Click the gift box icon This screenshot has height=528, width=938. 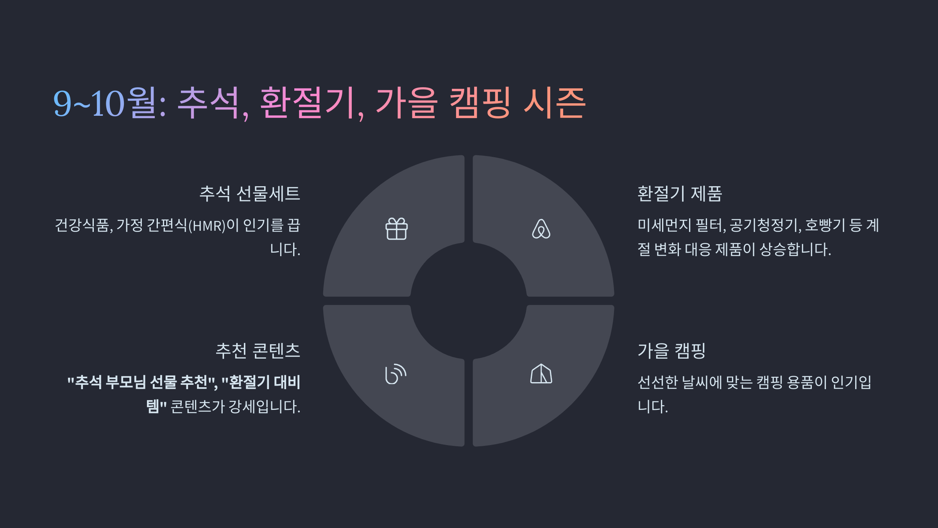click(x=396, y=229)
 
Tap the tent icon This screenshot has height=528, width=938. click(x=541, y=374)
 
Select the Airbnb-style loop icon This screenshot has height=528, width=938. click(x=541, y=229)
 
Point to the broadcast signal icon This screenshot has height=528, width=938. click(x=396, y=374)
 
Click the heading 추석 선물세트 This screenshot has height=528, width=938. click(x=250, y=194)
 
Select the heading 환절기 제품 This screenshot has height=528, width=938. click(x=680, y=194)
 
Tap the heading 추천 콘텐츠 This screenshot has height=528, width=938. click(x=258, y=350)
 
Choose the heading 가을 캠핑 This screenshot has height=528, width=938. click(x=671, y=350)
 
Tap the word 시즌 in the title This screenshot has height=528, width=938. click(x=554, y=103)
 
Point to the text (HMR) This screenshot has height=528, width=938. click(x=207, y=226)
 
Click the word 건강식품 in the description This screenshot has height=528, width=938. click(x=82, y=225)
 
